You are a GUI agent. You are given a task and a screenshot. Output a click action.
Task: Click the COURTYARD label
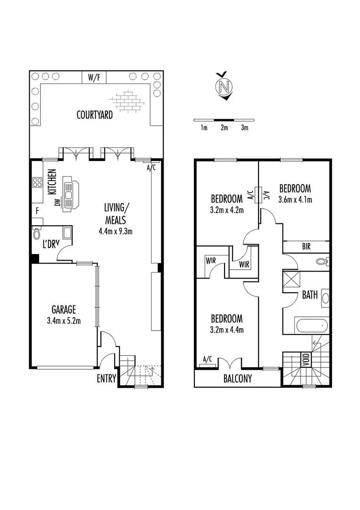tap(95, 114)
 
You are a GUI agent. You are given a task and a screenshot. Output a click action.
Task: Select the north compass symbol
tap(225, 86)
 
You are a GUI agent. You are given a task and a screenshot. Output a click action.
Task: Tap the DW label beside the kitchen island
tap(57, 202)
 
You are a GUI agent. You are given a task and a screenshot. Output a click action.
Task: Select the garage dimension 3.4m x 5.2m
tap(64, 321)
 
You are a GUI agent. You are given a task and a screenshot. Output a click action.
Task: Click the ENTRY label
tap(107, 378)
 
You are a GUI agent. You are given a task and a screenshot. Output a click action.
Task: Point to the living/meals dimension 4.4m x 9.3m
tap(115, 231)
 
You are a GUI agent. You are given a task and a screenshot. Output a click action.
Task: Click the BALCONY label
tap(238, 378)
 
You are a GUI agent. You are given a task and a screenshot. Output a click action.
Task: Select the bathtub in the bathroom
tap(310, 325)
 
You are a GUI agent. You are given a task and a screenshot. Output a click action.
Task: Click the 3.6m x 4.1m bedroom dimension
tap(295, 199)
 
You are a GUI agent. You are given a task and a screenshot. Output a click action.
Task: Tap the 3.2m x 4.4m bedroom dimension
tap(226, 330)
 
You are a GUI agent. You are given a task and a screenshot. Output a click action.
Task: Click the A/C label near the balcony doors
tap(207, 359)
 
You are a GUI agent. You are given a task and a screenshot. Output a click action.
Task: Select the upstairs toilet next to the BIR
tap(322, 260)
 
